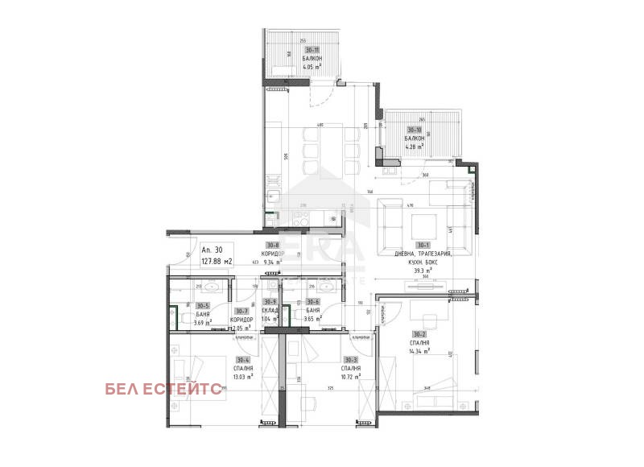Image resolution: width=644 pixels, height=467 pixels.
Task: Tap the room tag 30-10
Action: pos(415,130)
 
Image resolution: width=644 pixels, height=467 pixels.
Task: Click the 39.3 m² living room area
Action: pos(423,271)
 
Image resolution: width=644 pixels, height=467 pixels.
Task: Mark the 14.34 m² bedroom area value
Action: pos(419,351)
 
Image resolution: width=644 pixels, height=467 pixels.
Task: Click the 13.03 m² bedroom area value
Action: pos(242,376)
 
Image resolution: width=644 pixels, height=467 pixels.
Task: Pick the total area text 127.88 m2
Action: pos(217,261)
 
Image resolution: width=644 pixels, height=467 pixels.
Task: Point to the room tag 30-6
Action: pos(313,301)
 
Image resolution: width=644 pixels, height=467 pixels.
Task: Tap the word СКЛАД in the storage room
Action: pos(270,310)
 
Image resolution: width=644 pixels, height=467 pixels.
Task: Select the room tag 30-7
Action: pos(242,311)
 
